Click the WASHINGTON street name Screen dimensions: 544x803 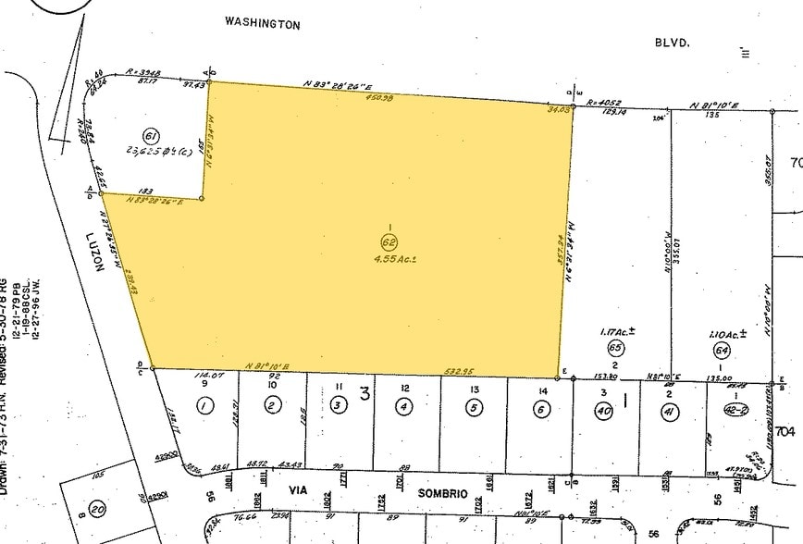click(x=264, y=25)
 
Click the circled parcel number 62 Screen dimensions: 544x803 click(x=389, y=241)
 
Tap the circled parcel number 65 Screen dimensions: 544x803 click(x=614, y=348)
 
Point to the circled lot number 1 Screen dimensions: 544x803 click(x=204, y=404)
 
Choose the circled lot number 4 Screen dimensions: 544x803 click(x=403, y=404)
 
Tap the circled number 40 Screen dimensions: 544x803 click(x=604, y=410)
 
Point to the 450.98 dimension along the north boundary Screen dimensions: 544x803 click(x=379, y=95)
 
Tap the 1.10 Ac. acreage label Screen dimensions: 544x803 click(x=723, y=333)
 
